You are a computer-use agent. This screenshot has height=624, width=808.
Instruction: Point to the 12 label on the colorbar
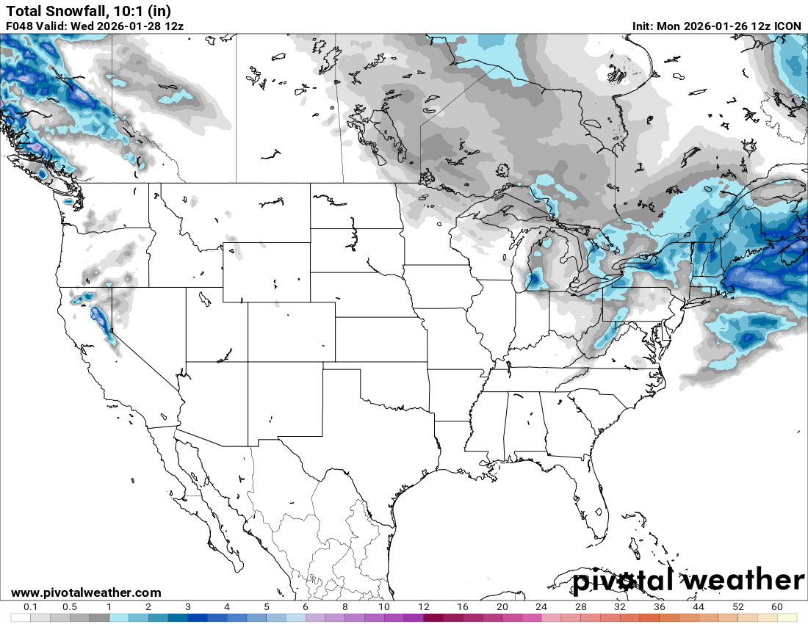424,607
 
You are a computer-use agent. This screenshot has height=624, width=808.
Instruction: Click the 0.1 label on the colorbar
31,607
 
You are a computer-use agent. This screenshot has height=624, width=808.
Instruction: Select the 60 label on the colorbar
777,607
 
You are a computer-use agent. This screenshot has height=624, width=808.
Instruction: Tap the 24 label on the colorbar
541,607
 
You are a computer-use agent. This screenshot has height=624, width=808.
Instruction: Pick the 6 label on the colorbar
306,607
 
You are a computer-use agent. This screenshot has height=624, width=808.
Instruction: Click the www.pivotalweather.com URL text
86,592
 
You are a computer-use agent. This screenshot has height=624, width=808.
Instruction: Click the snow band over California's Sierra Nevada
98,319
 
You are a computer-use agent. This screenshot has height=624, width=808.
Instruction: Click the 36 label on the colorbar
660,607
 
